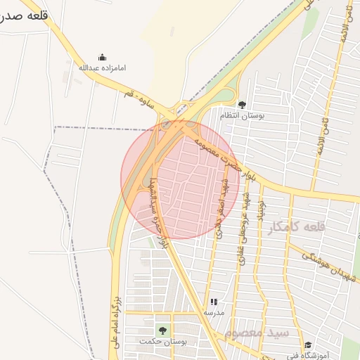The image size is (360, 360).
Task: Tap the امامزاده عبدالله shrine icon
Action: [102, 58]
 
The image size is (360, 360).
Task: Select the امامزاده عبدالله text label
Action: [102, 67]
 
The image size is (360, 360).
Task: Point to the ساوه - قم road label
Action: [139, 94]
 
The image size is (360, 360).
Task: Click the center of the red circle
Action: [180, 179]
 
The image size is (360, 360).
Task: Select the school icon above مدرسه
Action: [214, 302]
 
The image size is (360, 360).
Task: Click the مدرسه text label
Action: [214, 312]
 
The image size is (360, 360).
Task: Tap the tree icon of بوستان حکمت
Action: [163, 329]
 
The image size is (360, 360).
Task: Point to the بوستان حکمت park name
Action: [163, 340]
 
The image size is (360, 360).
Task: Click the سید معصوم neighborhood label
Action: [258, 331]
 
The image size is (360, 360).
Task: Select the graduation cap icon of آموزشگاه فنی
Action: [308, 345]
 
